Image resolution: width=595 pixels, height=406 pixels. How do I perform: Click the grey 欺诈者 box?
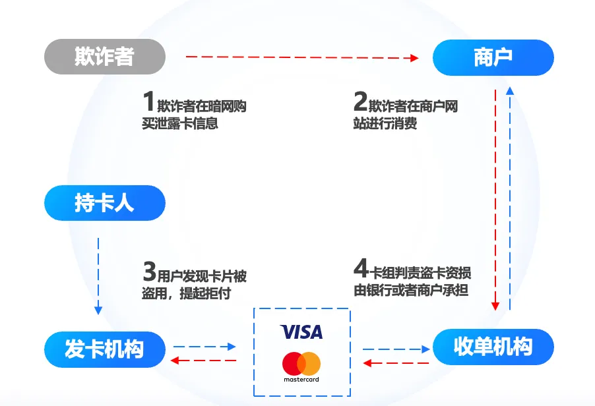105,57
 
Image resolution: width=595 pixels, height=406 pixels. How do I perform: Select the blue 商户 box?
493,57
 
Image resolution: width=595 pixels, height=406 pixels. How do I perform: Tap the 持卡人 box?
105,203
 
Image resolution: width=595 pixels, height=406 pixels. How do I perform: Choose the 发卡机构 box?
105,349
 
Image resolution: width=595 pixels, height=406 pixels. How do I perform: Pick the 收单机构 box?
493,347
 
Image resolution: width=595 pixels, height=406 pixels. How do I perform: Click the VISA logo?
301,332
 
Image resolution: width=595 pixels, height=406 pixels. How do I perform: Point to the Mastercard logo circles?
301,364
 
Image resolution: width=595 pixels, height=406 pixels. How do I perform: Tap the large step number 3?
150,271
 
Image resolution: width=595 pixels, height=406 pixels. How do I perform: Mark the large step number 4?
360,268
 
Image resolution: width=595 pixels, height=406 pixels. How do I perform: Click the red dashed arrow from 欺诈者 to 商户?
302,57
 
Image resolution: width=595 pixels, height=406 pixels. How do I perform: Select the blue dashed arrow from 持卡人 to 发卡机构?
98,276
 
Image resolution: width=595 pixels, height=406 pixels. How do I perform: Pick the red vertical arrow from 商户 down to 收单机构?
495,200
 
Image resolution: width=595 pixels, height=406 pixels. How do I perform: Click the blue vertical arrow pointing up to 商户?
510,198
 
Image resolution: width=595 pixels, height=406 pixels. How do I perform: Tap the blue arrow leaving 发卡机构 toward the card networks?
204,347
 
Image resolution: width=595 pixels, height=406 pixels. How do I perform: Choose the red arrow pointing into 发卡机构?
203,361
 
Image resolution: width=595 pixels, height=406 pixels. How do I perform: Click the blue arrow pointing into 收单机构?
396,349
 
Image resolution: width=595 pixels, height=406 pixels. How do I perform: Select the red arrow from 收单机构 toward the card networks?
396,363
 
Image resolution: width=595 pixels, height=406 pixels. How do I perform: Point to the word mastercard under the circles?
301,379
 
